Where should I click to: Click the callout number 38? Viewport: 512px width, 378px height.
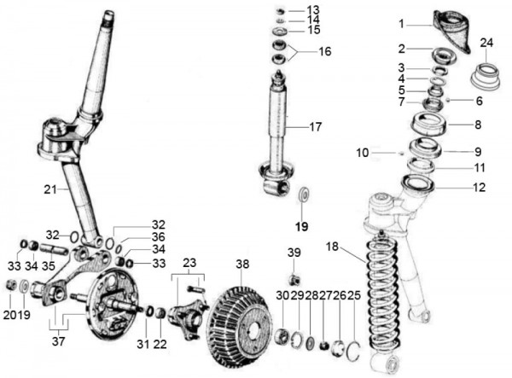click(x=244, y=265)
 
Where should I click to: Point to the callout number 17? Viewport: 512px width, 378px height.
click(x=316, y=128)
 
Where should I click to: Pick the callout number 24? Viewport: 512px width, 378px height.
click(x=487, y=43)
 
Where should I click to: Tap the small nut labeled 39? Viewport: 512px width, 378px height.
click(x=294, y=279)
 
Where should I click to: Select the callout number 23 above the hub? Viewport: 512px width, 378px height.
click(x=190, y=263)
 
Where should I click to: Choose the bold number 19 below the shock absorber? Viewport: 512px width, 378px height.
click(x=300, y=227)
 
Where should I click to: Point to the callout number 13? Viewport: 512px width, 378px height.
click(x=314, y=9)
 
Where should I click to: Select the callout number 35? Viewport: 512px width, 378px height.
click(x=49, y=265)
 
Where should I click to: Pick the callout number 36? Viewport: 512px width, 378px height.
click(x=159, y=236)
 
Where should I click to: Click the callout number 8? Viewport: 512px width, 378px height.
click(x=478, y=125)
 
